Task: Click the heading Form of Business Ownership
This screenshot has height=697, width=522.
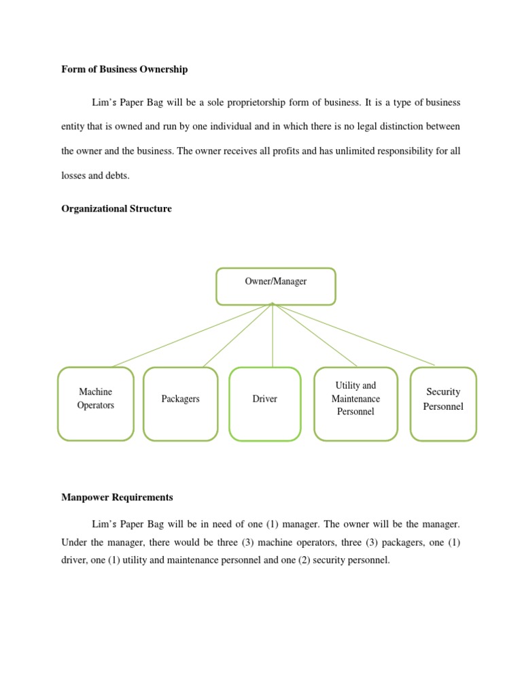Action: click(x=124, y=69)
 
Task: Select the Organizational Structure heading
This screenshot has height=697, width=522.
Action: click(x=116, y=209)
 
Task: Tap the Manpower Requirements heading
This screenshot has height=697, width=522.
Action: click(x=117, y=498)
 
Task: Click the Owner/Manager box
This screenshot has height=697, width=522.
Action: click(x=275, y=286)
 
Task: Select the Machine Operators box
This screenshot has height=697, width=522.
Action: click(x=96, y=404)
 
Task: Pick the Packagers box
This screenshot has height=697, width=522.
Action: click(x=181, y=404)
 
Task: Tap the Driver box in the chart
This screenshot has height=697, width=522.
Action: click(x=265, y=404)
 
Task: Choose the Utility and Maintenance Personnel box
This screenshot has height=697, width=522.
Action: click(x=355, y=404)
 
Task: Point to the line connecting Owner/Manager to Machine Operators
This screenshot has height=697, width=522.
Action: click(x=192, y=336)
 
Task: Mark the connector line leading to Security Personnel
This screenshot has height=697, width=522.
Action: click(x=353, y=335)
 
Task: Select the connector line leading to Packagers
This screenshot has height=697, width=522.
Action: click(x=238, y=336)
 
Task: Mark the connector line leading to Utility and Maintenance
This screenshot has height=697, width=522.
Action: click(x=315, y=336)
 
